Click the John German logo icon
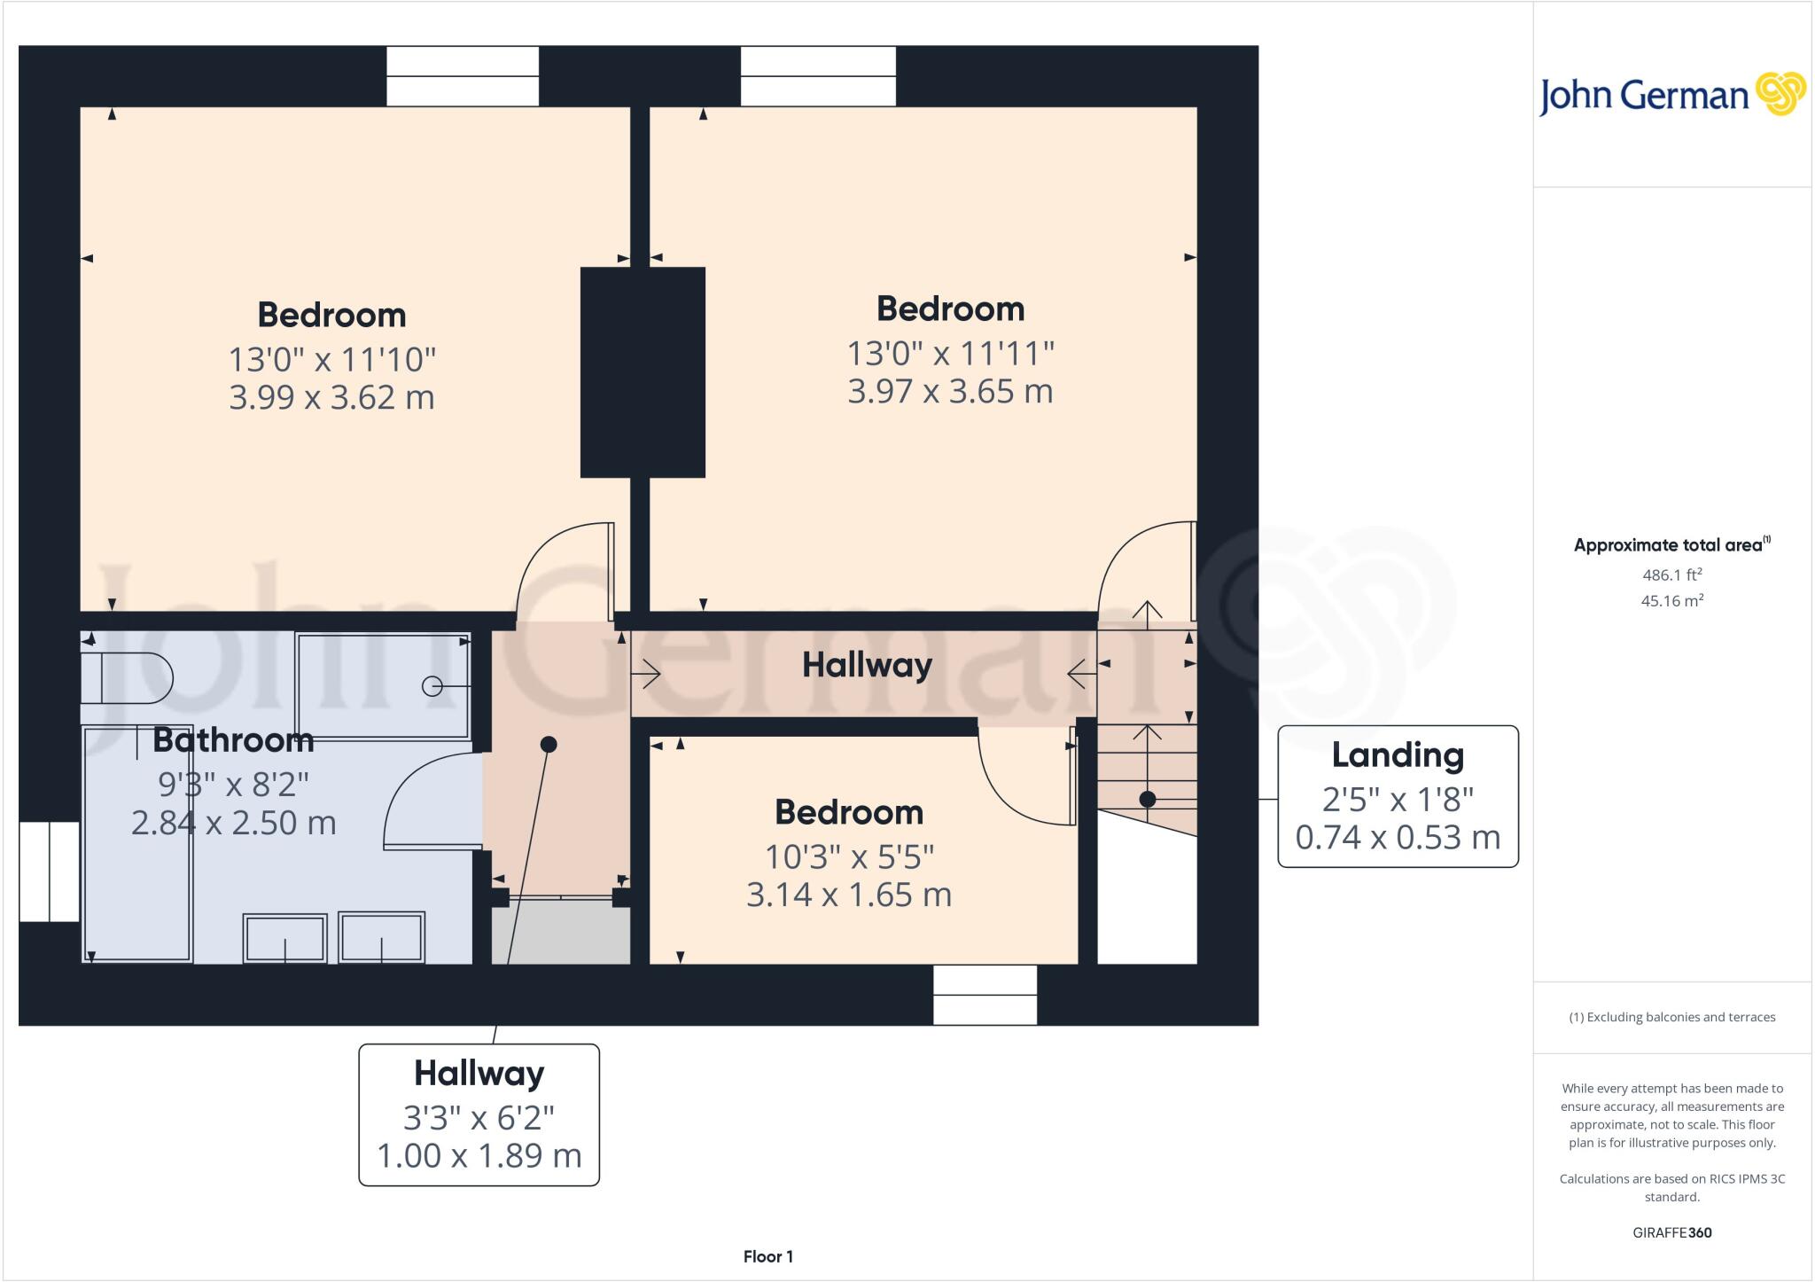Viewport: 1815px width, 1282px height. coord(1780,94)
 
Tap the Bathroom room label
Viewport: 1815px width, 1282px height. coord(233,740)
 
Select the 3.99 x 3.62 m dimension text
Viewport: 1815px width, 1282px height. coord(331,397)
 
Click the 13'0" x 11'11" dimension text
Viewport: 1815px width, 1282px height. coord(950,354)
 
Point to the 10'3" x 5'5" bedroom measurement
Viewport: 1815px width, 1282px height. coord(849,857)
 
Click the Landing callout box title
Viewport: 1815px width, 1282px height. coord(1398,755)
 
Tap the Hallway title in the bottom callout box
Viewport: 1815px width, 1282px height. coord(479,1074)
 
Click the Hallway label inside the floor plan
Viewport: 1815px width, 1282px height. coord(867,665)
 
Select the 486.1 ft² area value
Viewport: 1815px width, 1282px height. coord(1671,575)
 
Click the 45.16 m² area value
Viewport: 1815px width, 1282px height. coord(1671,601)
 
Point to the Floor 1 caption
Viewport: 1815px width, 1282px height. coord(767,1256)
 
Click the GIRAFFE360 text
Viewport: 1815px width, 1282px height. coord(1671,1232)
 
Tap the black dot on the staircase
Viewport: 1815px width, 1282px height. coord(1147,799)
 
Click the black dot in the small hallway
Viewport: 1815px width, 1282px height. coord(549,744)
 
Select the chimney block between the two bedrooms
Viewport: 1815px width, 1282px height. coord(643,372)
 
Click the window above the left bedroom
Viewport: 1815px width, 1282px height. coord(463,76)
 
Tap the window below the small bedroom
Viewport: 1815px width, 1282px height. coord(985,995)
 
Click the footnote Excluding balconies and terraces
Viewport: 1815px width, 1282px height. coord(1671,1017)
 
